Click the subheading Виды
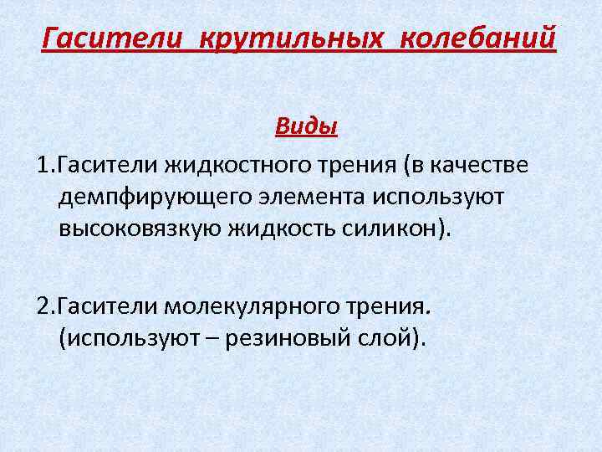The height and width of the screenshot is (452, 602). pyautogui.click(x=306, y=128)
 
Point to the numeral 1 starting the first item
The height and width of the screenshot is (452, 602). pyautogui.click(x=43, y=165)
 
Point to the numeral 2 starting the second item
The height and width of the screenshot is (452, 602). pyautogui.click(x=43, y=307)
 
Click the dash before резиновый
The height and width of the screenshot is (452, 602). pyautogui.click(x=218, y=340)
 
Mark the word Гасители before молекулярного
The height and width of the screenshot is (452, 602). pyautogui.click(x=106, y=307)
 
